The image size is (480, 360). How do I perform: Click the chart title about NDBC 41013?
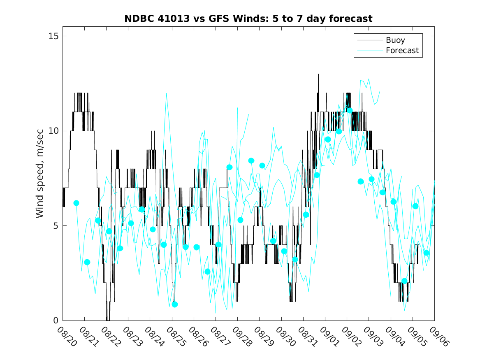pos(248,19)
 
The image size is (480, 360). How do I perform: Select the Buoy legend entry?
pos(395,40)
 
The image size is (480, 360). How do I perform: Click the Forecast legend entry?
pos(402,50)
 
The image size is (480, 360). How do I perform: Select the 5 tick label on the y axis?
pos(54,225)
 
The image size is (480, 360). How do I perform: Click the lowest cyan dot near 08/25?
pos(174,304)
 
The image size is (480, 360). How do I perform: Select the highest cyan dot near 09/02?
pos(350,110)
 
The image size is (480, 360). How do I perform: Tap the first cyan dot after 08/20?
pos(76,203)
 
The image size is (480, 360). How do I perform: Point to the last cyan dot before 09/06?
pos(427,253)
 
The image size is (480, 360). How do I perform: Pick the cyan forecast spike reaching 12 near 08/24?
pos(166,93)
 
